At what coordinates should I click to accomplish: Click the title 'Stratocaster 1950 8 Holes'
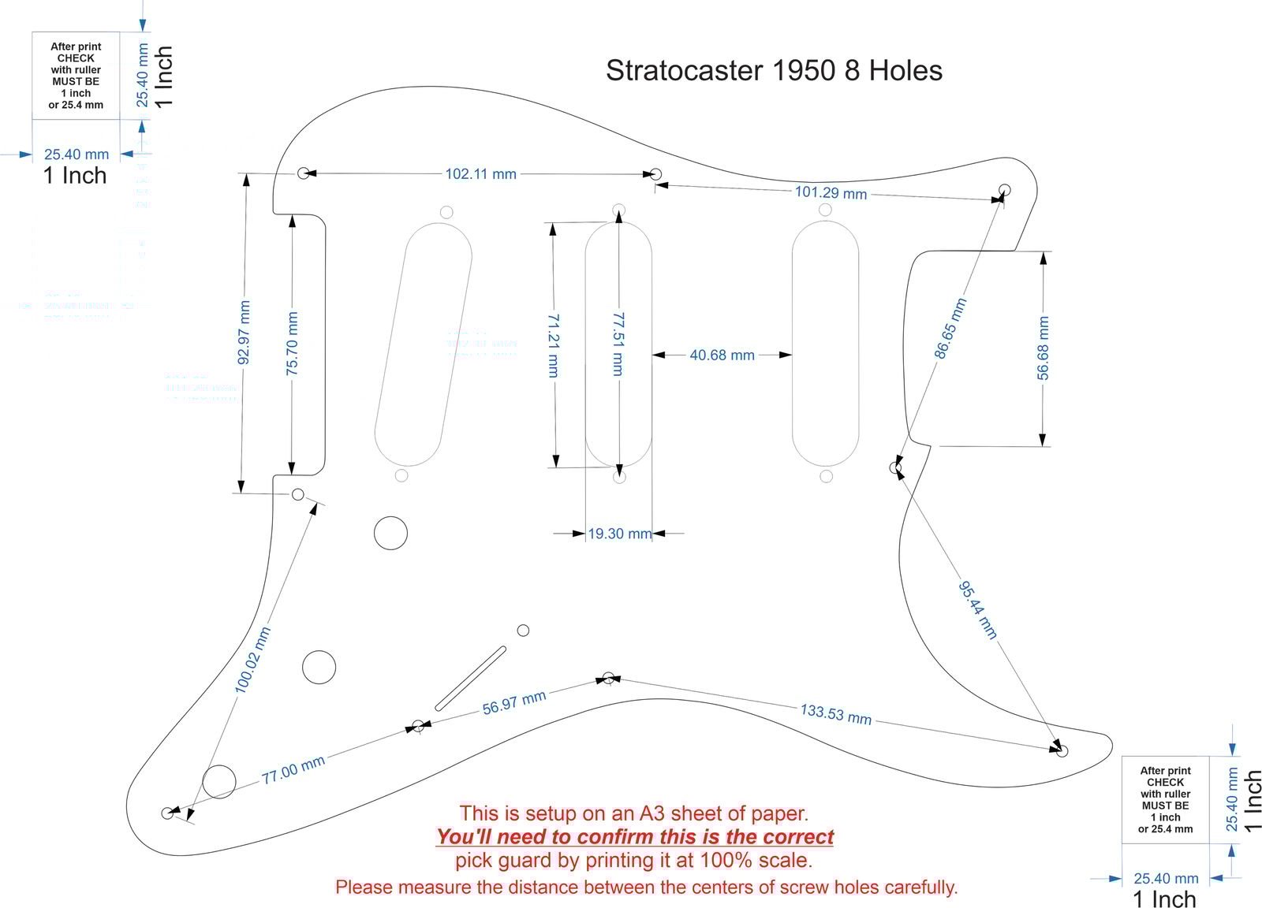pos(774,71)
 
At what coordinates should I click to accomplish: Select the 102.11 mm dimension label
pos(480,173)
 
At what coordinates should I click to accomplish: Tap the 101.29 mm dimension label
pos(831,192)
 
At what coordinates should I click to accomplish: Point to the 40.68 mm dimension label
pos(722,355)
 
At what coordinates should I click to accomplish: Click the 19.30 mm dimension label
pos(620,534)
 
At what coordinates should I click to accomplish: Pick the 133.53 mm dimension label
pos(836,714)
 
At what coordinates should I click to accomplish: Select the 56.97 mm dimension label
pos(514,702)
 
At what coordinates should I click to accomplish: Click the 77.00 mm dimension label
pos(293,769)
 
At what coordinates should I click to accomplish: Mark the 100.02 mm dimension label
pos(253,660)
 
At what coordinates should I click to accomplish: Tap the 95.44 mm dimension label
pos(978,610)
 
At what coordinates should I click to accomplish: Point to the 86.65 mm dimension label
pos(950,329)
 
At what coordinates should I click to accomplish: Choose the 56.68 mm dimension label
pos(1043,348)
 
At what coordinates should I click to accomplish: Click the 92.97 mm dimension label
pos(244,333)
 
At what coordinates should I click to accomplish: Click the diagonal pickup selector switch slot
pos(470,679)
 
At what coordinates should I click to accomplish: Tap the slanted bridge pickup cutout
pos(423,344)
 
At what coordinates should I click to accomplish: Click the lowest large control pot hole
pos(219,781)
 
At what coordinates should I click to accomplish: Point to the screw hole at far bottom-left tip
pos(167,813)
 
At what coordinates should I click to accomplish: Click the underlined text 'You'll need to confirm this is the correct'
pos(635,837)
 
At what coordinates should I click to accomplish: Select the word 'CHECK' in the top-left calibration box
pos(76,58)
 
